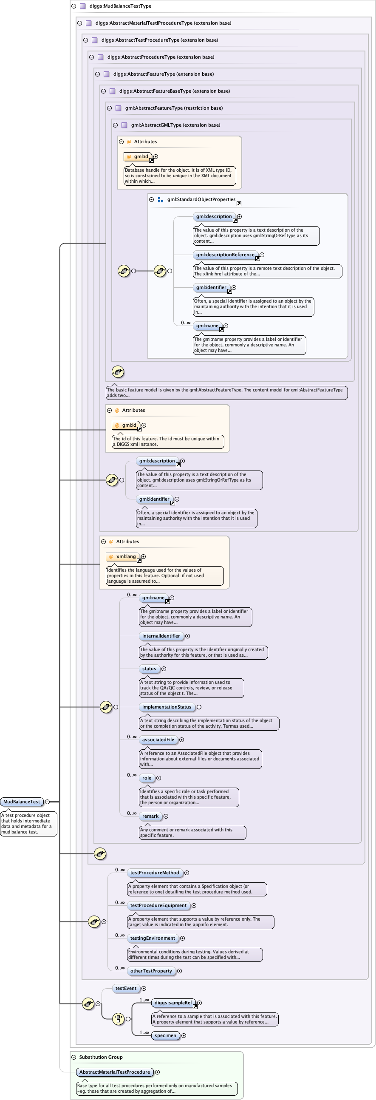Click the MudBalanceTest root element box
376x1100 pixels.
pos(22,802)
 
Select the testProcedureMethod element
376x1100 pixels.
pos(155,873)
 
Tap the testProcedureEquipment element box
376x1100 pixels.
pos(158,905)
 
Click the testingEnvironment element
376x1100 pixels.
pos(153,938)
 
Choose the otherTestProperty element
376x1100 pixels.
pos(151,971)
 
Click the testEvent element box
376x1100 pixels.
pos(126,988)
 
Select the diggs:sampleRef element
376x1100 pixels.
pos(173,1003)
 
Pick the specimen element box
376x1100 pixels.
pos(165,1035)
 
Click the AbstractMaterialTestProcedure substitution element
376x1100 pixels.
pos(114,1072)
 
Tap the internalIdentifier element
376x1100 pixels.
pos(161,636)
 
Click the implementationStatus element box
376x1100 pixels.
pos(167,707)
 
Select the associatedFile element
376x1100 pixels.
pos(158,740)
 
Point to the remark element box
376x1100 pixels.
pos(150,816)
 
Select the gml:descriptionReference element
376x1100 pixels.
pos(225,255)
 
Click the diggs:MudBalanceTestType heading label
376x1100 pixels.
pos(120,6)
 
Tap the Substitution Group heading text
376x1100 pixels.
pos(101,1057)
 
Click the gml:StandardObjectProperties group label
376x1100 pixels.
pos(201,199)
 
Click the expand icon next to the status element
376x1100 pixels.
pos(164,669)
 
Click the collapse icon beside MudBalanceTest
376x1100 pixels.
pos(48,802)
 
